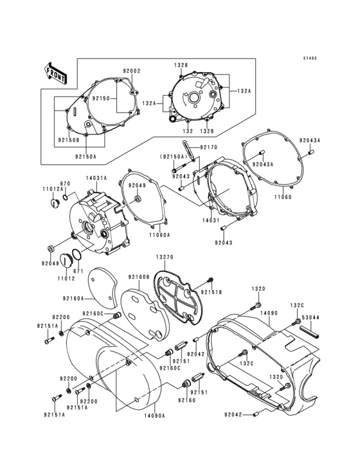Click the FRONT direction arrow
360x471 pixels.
coord(57,73)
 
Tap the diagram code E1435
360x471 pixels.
coord(310,58)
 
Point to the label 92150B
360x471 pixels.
coord(67,140)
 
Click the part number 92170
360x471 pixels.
coord(210,147)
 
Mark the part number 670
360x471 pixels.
coord(66,183)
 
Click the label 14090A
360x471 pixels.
coord(155,416)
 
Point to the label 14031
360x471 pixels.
coord(213,220)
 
